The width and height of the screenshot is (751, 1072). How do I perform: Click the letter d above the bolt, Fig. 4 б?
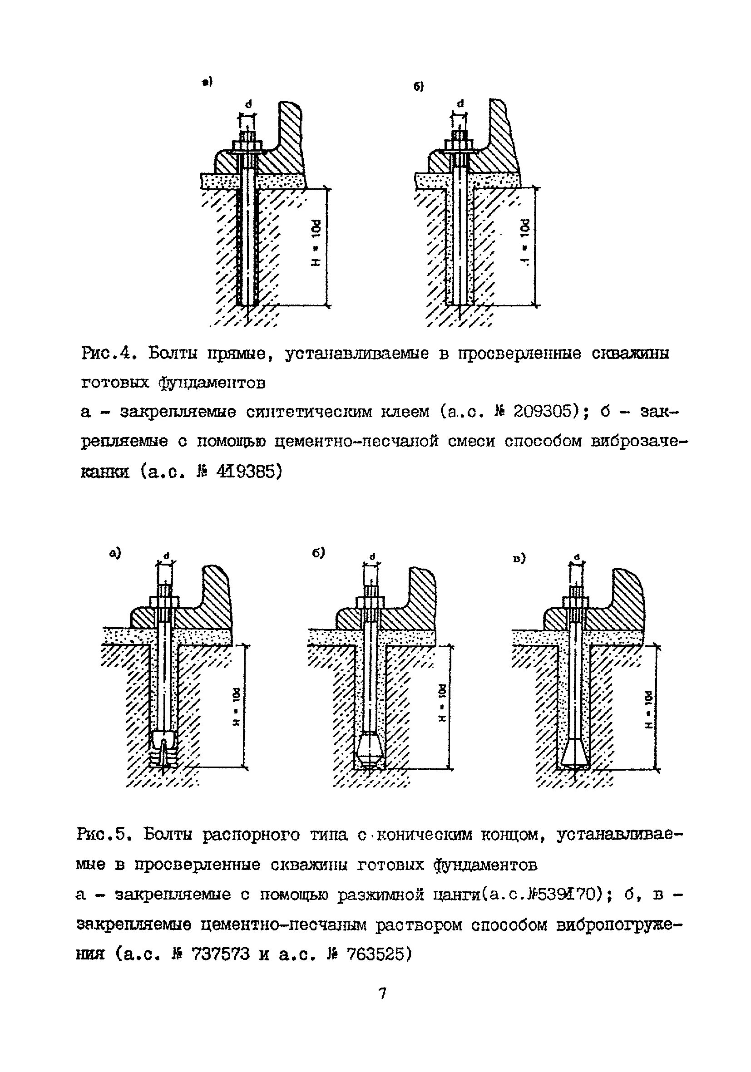click(x=460, y=103)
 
